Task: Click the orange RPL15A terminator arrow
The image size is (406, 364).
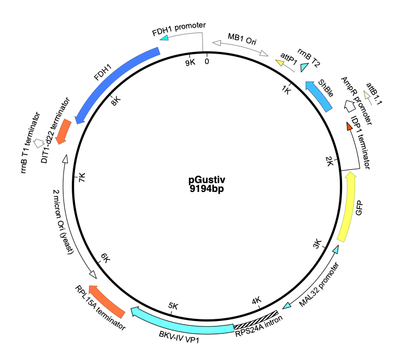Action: [x=106, y=301]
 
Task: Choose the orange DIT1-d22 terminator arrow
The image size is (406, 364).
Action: [x=63, y=131]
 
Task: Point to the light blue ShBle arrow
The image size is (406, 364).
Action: [x=319, y=97]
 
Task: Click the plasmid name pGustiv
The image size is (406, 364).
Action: [x=207, y=180]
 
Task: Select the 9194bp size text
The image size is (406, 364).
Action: [x=207, y=189]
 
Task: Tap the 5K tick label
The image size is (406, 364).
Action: [x=173, y=306]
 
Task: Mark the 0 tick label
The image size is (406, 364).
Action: [x=207, y=61]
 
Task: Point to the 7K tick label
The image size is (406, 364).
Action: [x=82, y=178]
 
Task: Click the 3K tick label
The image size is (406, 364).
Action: [x=317, y=244]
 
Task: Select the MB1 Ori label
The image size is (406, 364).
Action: [x=242, y=39]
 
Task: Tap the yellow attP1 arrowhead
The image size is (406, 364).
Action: [x=280, y=63]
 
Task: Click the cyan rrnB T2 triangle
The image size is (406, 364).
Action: [x=304, y=67]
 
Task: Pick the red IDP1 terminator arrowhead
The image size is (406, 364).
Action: [x=349, y=126]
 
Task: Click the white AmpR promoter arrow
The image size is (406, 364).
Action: [x=350, y=106]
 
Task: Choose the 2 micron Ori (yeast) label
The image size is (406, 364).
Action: [x=63, y=222]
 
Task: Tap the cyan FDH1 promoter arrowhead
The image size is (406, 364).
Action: [x=164, y=38]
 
